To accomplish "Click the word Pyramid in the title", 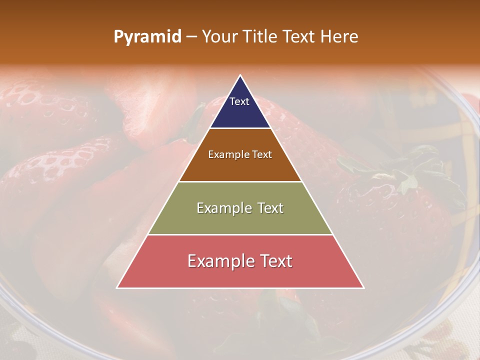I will coord(147,37).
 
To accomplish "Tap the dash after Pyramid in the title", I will coord(191,37).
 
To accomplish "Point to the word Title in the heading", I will coord(259,37).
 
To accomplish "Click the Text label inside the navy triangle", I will coord(239,101).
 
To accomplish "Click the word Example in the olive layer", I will coord(224,208).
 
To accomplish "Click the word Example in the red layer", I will coord(218,261).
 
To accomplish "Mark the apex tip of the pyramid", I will coord(240,76).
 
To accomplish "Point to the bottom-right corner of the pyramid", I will coord(363,287).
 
